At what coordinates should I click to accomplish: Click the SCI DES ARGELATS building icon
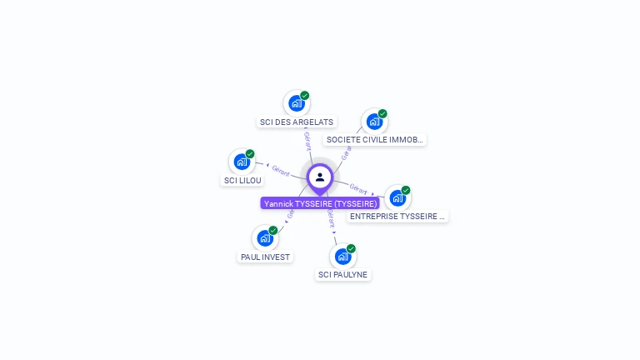(x=295, y=103)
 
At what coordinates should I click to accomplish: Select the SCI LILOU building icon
(x=241, y=162)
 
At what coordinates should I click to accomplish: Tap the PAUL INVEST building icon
(x=264, y=238)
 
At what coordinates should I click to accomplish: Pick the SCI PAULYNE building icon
(x=342, y=256)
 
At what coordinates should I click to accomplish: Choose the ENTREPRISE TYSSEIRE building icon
(x=397, y=197)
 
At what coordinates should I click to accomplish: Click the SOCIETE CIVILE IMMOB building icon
(x=374, y=122)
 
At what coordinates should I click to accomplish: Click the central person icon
(x=320, y=177)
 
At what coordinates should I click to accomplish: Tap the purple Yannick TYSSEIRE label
(x=320, y=203)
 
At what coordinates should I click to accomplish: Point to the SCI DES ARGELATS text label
(x=296, y=122)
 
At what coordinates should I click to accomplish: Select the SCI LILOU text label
(x=242, y=180)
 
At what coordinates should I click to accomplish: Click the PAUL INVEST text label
(x=265, y=257)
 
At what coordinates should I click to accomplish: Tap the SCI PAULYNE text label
(x=342, y=274)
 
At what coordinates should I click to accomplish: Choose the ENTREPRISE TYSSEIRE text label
(x=397, y=216)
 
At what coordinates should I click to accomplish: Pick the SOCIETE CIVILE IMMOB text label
(x=375, y=140)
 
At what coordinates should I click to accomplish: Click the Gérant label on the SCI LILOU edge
(x=281, y=171)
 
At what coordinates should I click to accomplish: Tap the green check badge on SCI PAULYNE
(x=351, y=248)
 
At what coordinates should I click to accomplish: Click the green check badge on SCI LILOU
(x=250, y=154)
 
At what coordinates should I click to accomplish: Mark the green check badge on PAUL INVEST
(x=273, y=231)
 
